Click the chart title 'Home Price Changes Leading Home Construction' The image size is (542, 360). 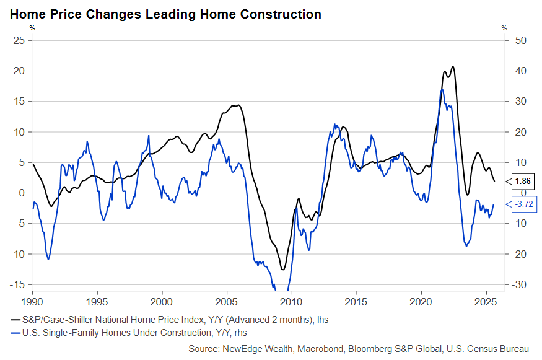point(165,14)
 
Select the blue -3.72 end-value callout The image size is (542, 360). point(522,204)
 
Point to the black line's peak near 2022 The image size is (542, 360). point(453,67)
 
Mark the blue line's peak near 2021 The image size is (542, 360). point(442,90)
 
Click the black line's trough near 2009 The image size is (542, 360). point(283,270)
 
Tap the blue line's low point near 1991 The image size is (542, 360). point(48,259)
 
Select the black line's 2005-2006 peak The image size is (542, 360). point(238,105)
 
